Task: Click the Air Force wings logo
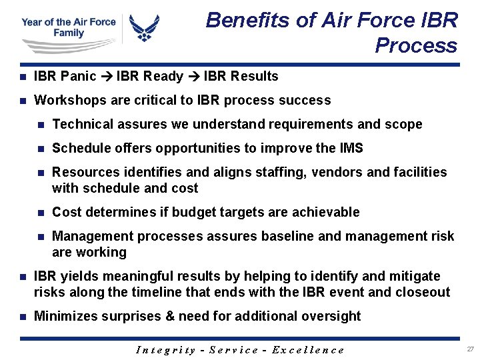[144, 29]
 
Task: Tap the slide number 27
[470, 349]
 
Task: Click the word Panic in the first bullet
[79, 76]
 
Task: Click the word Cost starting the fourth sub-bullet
[66, 212]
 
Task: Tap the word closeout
[423, 292]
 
